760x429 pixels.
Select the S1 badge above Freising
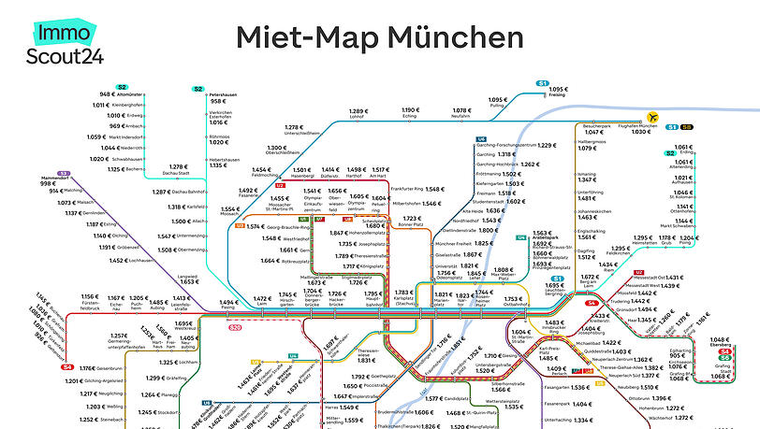tap(542, 85)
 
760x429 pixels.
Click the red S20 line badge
tap(236, 328)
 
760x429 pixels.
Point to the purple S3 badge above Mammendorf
tap(63, 173)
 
